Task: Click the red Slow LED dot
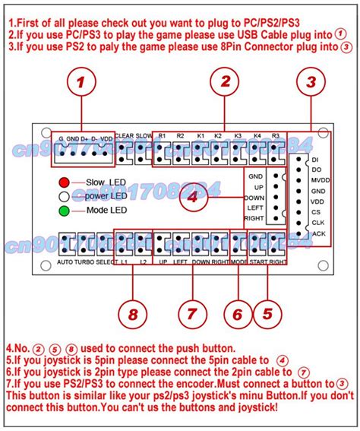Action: coord(65,182)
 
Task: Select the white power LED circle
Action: coord(65,196)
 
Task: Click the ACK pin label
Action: coord(320,233)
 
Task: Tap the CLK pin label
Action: coord(320,223)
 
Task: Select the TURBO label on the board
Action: coord(86,261)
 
